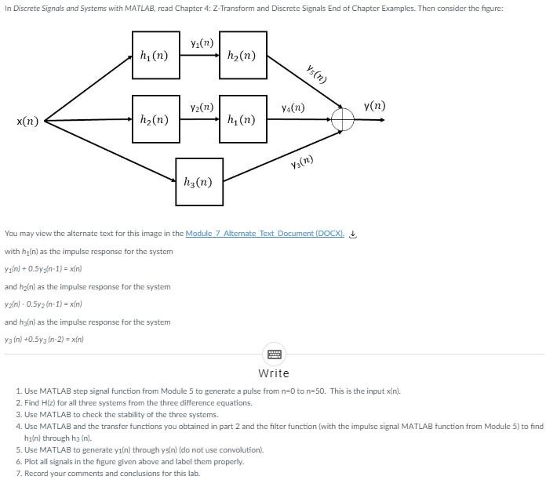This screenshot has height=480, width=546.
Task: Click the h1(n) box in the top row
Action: (x=155, y=55)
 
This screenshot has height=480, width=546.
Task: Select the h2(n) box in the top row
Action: (x=242, y=55)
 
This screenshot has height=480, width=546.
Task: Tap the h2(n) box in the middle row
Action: (x=155, y=120)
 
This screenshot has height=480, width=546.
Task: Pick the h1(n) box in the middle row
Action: (x=242, y=120)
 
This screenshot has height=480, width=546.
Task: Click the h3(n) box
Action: (x=199, y=182)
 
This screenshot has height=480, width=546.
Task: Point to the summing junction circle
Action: (x=343, y=120)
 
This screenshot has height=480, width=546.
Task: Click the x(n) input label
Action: (x=27, y=121)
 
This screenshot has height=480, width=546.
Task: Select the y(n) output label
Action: (x=374, y=105)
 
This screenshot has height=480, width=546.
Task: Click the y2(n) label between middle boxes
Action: (x=202, y=107)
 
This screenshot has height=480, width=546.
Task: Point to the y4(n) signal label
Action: (x=293, y=107)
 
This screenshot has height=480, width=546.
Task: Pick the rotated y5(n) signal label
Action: (x=316, y=73)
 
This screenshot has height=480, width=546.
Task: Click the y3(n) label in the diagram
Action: (x=301, y=162)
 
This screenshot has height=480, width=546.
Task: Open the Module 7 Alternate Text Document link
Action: (x=264, y=234)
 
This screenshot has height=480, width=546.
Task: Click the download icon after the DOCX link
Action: (x=353, y=234)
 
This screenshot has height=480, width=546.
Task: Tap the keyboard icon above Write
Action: (x=274, y=355)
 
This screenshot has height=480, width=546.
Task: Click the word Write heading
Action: (x=274, y=373)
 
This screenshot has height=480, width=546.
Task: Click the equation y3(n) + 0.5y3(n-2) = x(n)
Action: (x=45, y=340)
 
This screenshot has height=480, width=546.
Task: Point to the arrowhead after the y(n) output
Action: (x=382, y=120)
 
